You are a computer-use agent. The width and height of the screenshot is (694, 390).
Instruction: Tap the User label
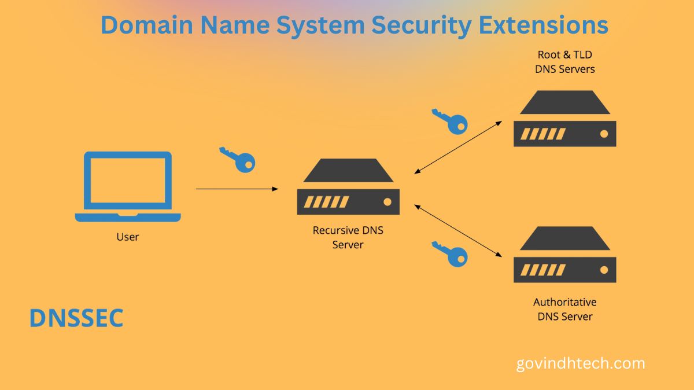click(128, 237)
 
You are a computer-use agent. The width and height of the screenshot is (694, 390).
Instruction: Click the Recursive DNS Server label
click(348, 237)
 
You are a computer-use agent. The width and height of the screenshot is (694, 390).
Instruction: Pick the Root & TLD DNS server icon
click(565, 119)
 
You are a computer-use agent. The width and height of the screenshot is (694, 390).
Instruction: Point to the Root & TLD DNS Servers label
click(565, 62)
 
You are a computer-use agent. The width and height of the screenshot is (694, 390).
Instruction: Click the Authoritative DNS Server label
click(565, 309)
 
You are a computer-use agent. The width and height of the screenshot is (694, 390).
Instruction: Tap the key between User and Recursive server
click(238, 159)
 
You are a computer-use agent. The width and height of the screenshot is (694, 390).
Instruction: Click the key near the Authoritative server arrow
click(449, 254)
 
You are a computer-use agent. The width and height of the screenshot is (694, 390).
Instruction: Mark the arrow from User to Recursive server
click(237, 189)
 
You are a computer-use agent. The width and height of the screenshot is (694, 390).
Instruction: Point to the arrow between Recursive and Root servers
click(458, 147)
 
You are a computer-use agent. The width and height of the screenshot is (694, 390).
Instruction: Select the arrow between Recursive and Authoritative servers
click(458, 230)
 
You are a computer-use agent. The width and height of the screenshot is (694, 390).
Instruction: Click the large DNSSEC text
click(76, 318)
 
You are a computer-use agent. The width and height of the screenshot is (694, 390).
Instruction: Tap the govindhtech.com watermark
click(580, 364)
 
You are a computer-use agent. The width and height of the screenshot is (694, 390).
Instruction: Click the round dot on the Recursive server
click(387, 202)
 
